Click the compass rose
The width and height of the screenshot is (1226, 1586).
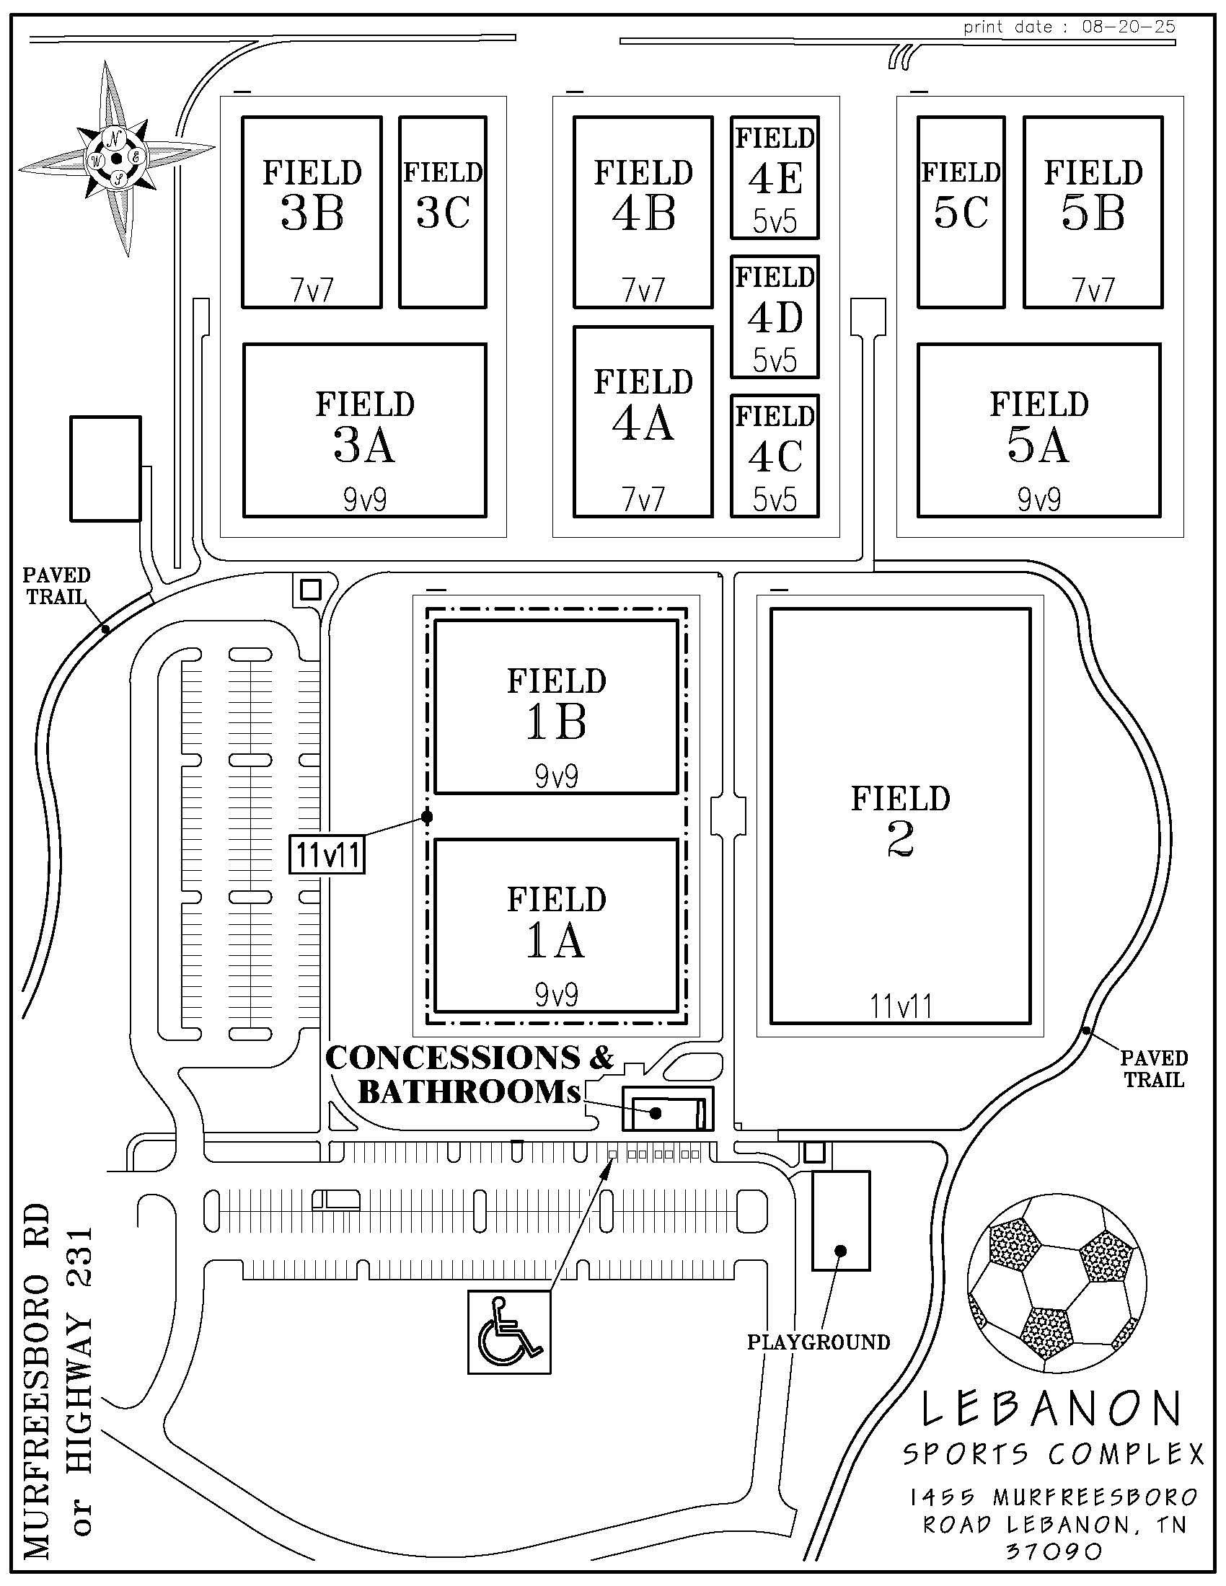coord(116,158)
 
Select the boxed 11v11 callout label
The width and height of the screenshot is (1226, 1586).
coord(327,856)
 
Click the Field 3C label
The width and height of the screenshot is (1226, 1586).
coord(443,195)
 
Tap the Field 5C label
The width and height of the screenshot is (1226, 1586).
coord(961,195)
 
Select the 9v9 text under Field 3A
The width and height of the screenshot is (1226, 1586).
coord(365,500)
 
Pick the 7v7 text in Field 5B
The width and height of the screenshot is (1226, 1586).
coord(1093,291)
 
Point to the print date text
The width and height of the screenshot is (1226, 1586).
coord(1069,27)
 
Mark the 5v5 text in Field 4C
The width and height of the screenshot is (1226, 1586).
coord(775,500)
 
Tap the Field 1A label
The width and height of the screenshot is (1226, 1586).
coord(556,922)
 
